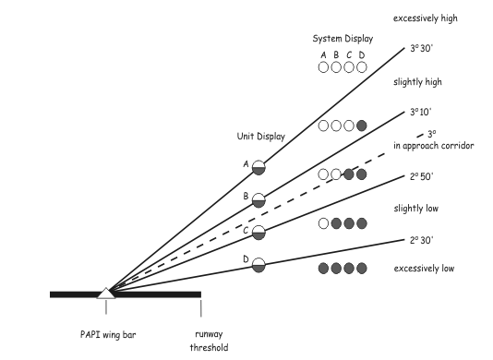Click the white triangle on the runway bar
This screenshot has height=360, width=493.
tap(106, 294)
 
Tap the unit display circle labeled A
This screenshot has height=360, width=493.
tap(259, 168)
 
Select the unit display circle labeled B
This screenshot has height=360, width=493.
tap(259, 200)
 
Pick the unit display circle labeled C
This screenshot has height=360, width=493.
tap(259, 233)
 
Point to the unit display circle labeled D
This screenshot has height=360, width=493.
tap(259, 265)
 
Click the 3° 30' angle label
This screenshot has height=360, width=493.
tap(421, 48)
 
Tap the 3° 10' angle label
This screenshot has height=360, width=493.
tap(421, 112)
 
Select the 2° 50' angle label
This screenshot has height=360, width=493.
tap(421, 176)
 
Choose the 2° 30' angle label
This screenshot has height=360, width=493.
tap(421, 240)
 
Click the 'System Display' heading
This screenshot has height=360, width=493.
tap(343, 39)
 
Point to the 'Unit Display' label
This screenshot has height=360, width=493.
tap(261, 136)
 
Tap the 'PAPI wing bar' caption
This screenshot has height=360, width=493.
tap(108, 334)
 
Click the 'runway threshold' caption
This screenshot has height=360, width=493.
tap(209, 341)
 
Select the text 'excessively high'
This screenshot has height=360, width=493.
tap(426, 18)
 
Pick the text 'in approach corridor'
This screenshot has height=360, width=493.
tap(434, 146)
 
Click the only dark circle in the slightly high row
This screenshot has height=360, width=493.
tap(362, 126)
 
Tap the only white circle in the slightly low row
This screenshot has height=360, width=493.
tap(323, 223)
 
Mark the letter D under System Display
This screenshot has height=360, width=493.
tap(362, 55)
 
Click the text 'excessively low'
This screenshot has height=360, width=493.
tap(424, 269)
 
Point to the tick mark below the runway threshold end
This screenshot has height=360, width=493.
tap(200, 308)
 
